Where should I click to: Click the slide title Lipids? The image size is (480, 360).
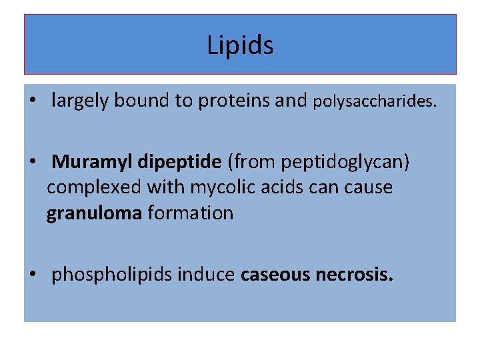point(240,45)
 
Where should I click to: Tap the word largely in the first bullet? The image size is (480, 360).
point(80,101)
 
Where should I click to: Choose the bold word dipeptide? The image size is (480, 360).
point(180,162)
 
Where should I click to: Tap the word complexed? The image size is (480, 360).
point(94,188)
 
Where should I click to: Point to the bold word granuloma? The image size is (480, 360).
point(94,214)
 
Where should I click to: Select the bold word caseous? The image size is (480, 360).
point(274,274)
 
